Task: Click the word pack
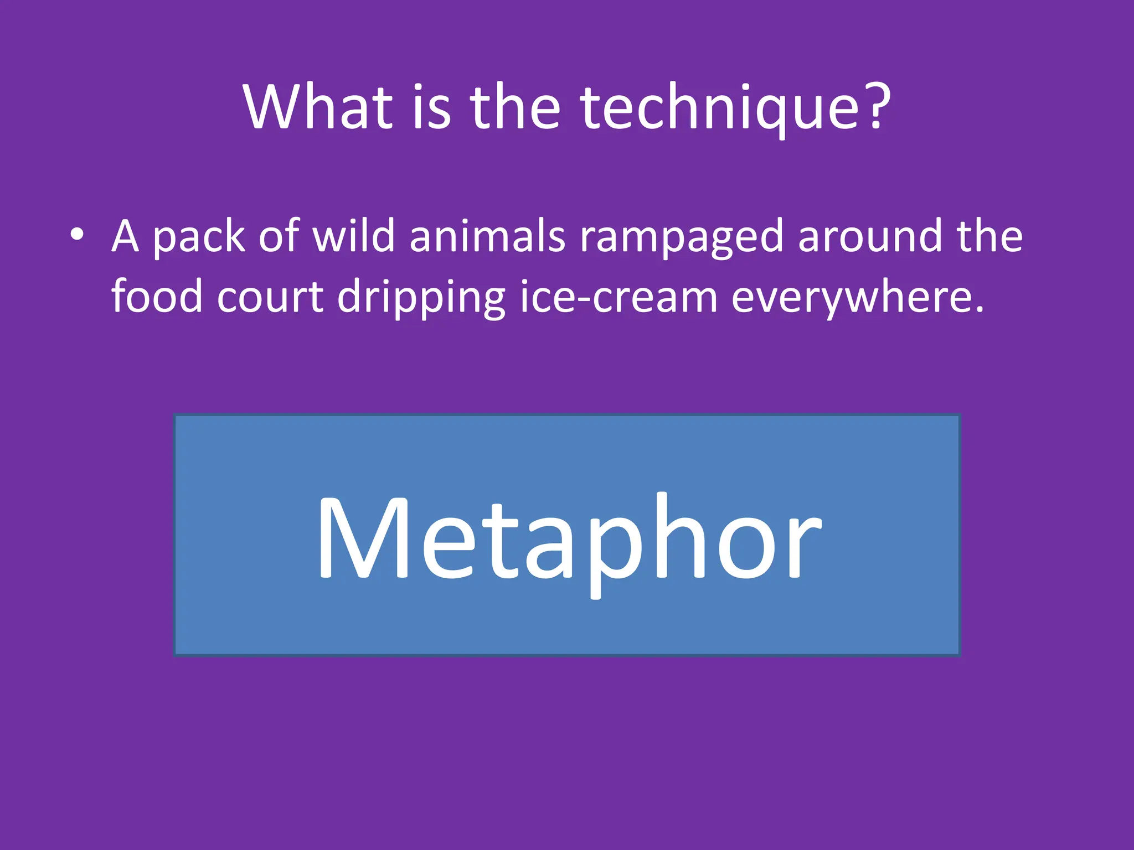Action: coord(198,237)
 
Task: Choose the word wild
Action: coord(353,236)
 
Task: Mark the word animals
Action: coord(487,236)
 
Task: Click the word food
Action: coord(157,296)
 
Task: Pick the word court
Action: coord(270,297)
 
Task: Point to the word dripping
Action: coord(421,298)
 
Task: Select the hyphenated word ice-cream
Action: coord(618,297)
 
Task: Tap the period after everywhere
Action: coord(979,310)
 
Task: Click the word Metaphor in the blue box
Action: coord(568,540)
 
